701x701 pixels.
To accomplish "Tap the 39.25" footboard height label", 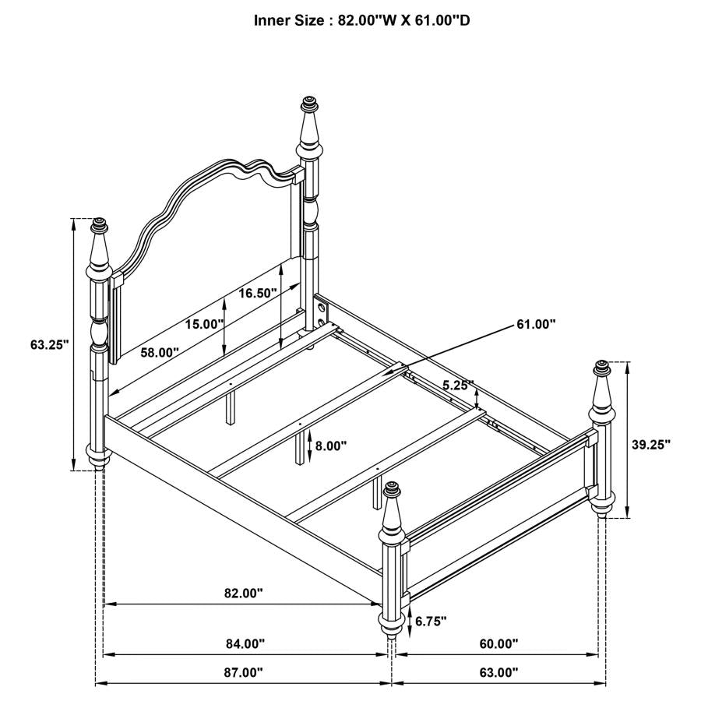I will (x=650, y=444).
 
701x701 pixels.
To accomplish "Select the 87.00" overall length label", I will (x=243, y=671).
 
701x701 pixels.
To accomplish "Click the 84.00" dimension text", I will (x=245, y=643).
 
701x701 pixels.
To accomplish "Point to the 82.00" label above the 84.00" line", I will (x=243, y=593).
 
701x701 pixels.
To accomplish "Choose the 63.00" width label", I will (x=498, y=671).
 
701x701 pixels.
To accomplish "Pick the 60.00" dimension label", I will (x=498, y=643).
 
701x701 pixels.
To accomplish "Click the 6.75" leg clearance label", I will (x=431, y=621).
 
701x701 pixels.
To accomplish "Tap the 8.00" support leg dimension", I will (x=331, y=446).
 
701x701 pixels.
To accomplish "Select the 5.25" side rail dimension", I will (x=458, y=385).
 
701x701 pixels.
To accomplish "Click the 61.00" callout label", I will (x=536, y=324).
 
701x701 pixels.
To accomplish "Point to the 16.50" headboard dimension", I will (x=258, y=294).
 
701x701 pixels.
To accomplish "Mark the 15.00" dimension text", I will (x=205, y=324).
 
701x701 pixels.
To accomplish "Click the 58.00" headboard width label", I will (x=160, y=352).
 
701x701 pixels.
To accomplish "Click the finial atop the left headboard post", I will (x=99, y=227).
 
